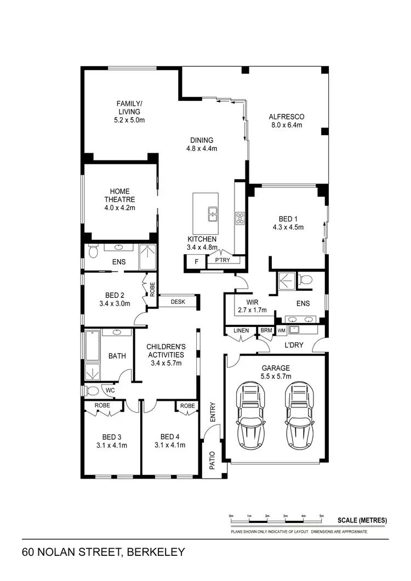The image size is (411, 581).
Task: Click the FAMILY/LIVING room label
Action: coord(129,107)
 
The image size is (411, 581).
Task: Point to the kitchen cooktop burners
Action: coord(239,218)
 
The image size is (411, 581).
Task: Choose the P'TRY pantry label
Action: coord(222,261)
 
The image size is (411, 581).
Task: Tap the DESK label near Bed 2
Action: coord(178,302)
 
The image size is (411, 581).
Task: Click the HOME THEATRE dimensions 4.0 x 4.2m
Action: coord(120,208)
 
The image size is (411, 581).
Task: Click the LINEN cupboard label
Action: coord(241,330)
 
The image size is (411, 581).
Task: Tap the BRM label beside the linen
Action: coord(266,330)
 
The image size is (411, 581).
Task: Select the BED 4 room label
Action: coord(170,436)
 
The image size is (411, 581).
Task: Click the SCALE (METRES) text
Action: coord(362,520)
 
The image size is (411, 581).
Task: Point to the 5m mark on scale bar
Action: coord(322,516)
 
